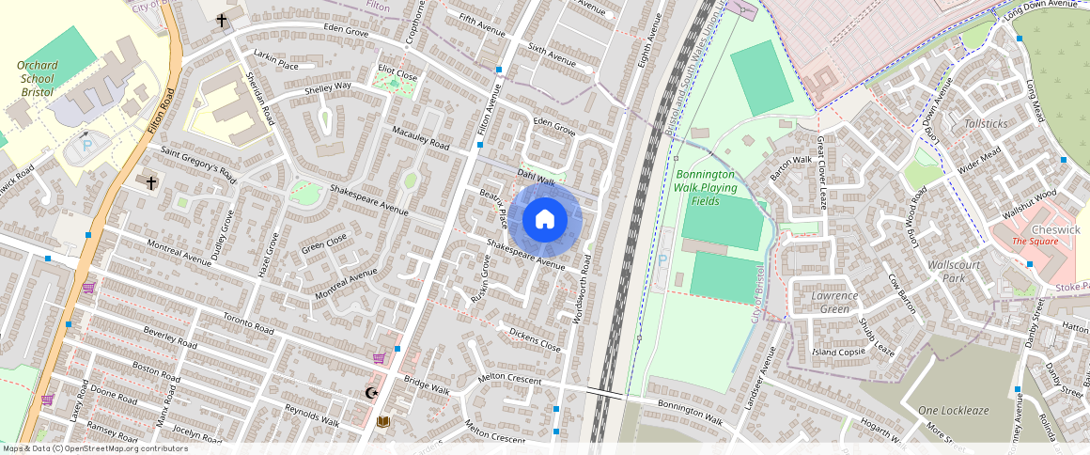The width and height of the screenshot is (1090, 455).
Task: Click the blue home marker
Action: [x=545, y=220]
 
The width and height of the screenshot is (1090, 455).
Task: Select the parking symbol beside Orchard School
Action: [x=87, y=148]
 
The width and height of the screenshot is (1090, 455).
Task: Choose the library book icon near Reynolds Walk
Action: [x=383, y=422]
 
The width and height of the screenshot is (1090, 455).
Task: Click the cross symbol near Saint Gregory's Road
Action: [x=151, y=182]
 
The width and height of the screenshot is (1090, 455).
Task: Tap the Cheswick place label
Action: [x=1055, y=229]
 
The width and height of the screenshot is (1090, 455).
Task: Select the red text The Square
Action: [x=1035, y=242]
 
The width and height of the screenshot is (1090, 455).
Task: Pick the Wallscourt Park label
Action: [x=954, y=272]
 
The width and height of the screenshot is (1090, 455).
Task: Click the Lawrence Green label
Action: [x=834, y=302]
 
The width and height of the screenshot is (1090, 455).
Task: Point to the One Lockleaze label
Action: [x=955, y=411]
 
